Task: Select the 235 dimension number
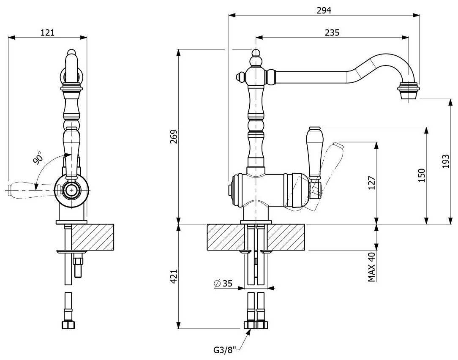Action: pos(333,33)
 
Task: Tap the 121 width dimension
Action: pos(47,33)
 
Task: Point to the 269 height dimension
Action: pos(173,136)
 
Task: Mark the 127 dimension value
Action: pos(372,183)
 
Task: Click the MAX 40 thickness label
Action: pos(372,267)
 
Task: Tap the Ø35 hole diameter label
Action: pos(223,284)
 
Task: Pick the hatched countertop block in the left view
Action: pos(93,237)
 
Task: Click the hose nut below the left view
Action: pos(67,325)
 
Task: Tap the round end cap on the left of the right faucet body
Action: pos(232,190)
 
